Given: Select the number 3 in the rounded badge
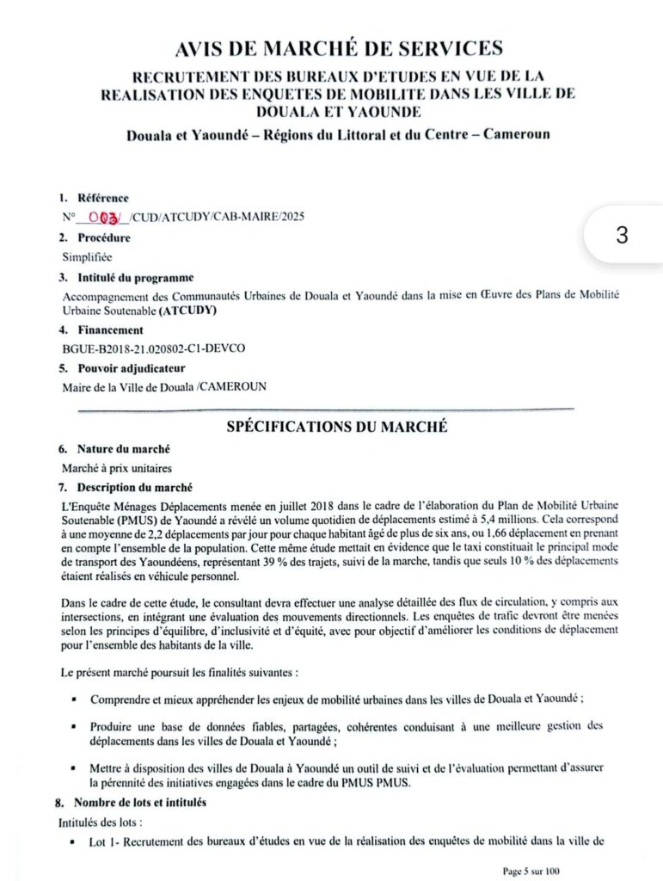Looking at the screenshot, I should [622, 235].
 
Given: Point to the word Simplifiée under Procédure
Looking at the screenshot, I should [87, 256].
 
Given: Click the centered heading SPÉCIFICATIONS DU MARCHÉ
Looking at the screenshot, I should [336, 427].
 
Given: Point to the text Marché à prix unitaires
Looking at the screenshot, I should [116, 468].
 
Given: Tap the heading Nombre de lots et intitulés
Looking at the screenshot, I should [141, 803].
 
